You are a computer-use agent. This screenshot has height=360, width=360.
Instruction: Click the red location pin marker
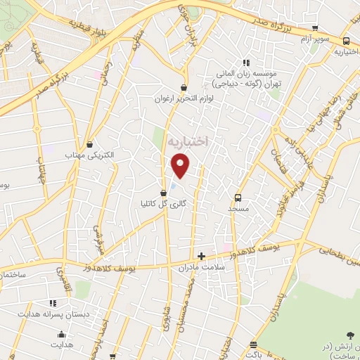(181, 165)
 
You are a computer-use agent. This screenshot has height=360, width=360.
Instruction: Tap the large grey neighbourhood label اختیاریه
(190, 141)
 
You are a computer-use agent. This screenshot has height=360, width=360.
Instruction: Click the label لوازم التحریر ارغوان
(184, 99)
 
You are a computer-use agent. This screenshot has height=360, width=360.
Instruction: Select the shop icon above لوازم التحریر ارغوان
(184, 88)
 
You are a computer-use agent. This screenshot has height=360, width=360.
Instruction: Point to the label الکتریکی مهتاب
(89, 154)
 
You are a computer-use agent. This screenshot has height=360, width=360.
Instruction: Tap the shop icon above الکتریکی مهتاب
(89, 143)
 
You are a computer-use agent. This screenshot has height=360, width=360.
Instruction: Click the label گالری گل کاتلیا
(163, 202)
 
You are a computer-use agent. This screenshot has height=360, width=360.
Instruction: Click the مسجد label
(238, 209)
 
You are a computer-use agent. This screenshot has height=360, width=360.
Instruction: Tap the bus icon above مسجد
(238, 198)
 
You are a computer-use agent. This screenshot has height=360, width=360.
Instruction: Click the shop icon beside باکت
(253, 346)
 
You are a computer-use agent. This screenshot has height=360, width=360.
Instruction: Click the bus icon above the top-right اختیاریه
(346, 41)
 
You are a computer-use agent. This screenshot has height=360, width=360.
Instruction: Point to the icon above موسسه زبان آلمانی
(245, 62)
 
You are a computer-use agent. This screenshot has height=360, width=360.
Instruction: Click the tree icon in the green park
(351, 336)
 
